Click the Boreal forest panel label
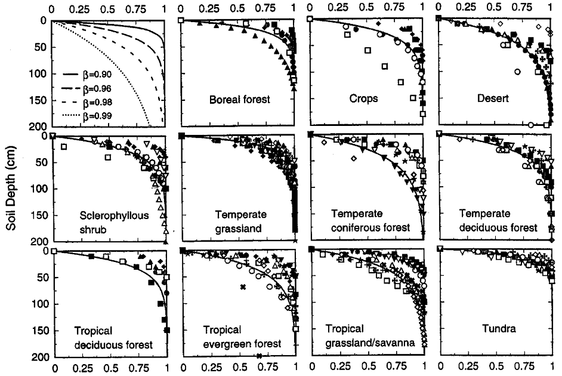click(239, 100)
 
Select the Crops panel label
click(363, 98)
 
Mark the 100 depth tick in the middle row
click(38, 189)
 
